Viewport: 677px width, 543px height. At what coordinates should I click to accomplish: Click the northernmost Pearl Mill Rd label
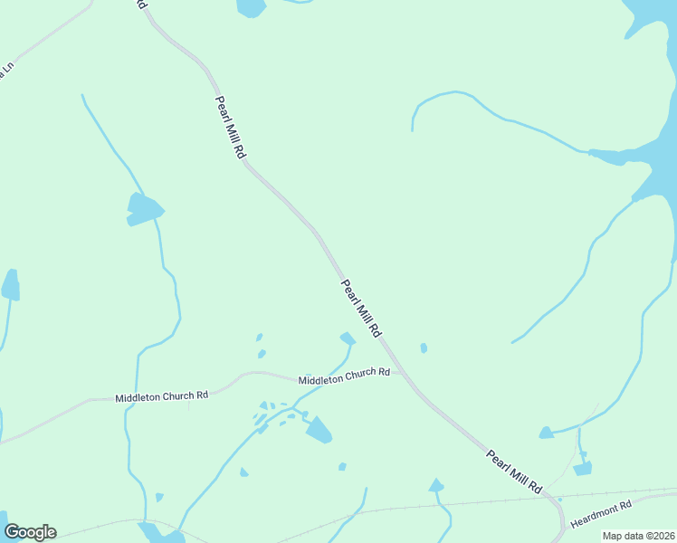click(230, 128)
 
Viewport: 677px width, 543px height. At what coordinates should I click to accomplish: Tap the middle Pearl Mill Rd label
click(361, 309)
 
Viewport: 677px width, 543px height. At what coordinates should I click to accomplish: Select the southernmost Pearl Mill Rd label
click(514, 472)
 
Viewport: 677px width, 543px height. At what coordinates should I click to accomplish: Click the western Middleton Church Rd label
click(162, 396)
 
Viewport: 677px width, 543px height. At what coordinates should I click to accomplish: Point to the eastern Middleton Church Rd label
click(344, 376)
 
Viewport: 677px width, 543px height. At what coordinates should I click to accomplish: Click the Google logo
click(30, 532)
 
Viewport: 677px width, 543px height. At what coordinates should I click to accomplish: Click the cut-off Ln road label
click(8, 71)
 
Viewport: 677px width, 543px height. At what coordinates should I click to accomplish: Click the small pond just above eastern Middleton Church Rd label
click(347, 338)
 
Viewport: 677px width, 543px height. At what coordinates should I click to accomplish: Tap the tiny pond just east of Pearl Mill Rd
click(424, 348)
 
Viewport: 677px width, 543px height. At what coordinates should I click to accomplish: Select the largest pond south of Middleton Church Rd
click(318, 429)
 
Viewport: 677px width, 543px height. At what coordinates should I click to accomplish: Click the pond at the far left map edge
click(11, 286)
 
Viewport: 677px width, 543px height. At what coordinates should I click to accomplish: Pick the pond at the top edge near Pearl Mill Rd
click(251, 7)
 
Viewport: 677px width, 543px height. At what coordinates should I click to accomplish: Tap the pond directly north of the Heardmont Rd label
click(582, 468)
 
